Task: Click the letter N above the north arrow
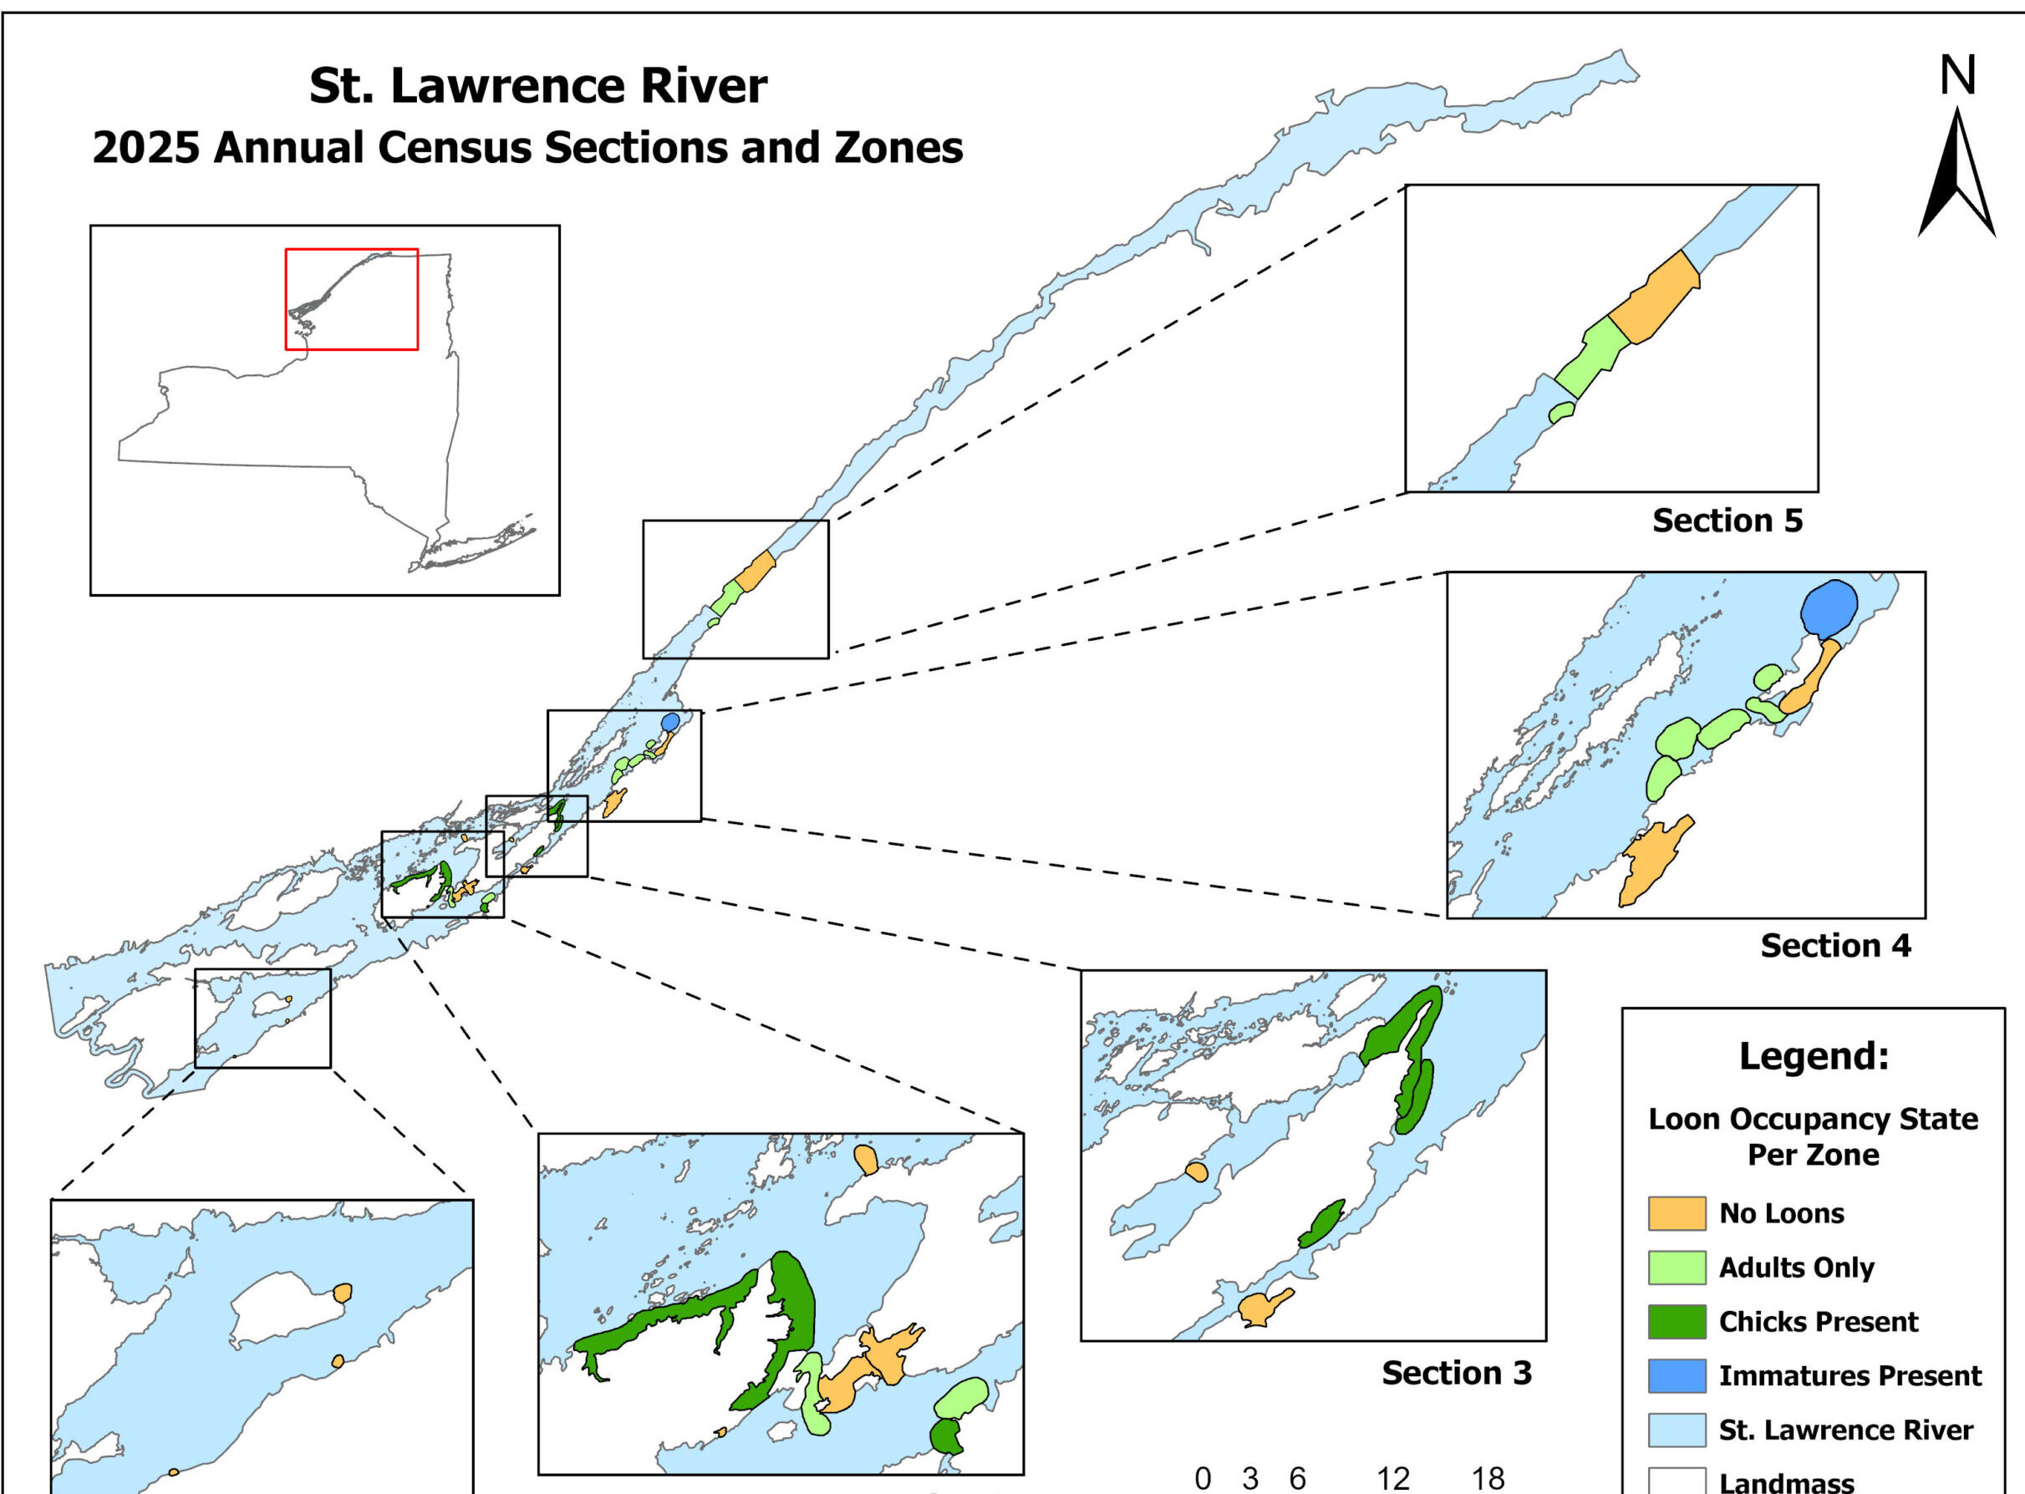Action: pos(1956,77)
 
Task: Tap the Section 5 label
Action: pos(1727,521)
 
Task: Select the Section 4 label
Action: pos(1835,946)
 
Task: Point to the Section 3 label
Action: pos(1456,1373)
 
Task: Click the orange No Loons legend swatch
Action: pos(1676,1213)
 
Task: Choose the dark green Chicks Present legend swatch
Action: pos(1676,1321)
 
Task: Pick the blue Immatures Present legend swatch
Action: pos(1676,1375)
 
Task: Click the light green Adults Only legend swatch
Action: pos(1676,1268)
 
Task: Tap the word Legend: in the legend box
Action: pos(1814,1055)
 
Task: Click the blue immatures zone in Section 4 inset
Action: pos(1828,608)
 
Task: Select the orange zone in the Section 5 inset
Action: pos(1654,298)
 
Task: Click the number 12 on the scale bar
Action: pos(1393,1479)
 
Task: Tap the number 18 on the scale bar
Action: pos(1488,1479)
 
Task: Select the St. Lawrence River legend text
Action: pos(1845,1430)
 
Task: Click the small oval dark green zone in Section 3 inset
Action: pos(1321,1224)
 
